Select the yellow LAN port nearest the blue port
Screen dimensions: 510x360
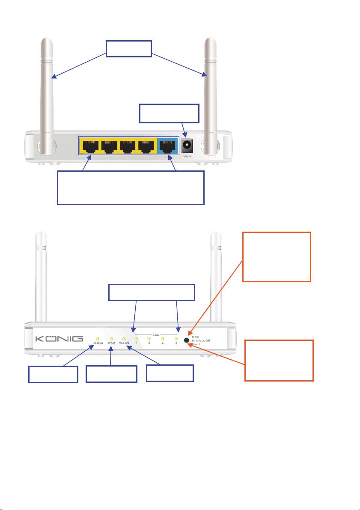(147, 147)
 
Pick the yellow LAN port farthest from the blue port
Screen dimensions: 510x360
(90, 147)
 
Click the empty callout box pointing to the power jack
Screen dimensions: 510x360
(170, 113)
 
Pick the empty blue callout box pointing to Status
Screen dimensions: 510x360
(53, 374)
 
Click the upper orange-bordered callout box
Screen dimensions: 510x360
(277, 256)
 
